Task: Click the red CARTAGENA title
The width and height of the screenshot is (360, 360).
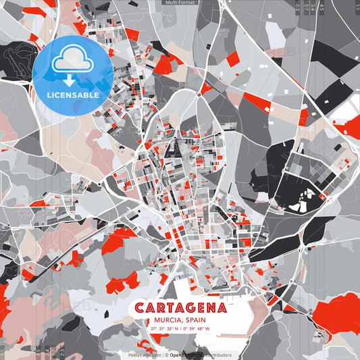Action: (180, 308)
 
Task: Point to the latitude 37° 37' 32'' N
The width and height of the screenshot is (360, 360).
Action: (164, 329)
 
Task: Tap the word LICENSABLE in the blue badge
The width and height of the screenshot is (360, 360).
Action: (73, 95)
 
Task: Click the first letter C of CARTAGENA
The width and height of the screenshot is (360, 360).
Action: (139, 308)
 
